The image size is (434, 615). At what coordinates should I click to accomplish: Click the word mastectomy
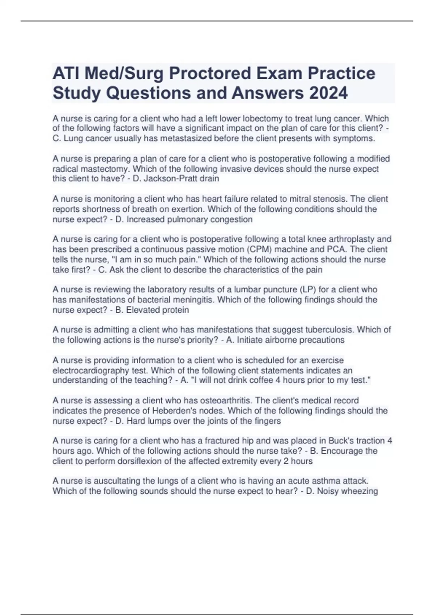(109, 169)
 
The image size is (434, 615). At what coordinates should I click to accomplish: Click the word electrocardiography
(91, 370)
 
